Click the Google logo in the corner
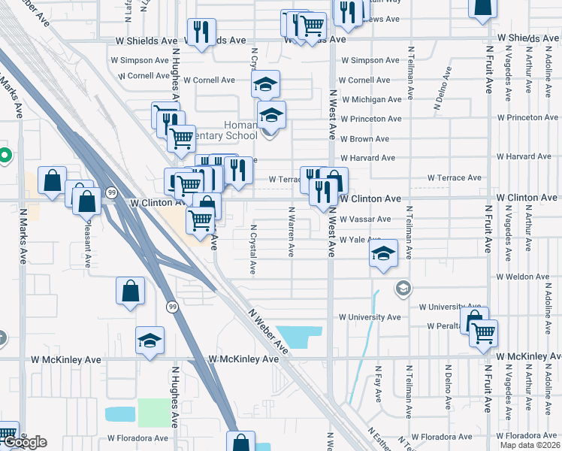point(24,442)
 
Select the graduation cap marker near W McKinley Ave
point(150,340)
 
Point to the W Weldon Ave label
point(526,277)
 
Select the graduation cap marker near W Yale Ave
point(383,253)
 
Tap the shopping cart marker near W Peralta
point(484,331)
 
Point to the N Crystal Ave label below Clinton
point(253,249)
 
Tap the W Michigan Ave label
point(371,99)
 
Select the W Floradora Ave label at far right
point(530,436)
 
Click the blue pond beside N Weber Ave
point(298,337)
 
